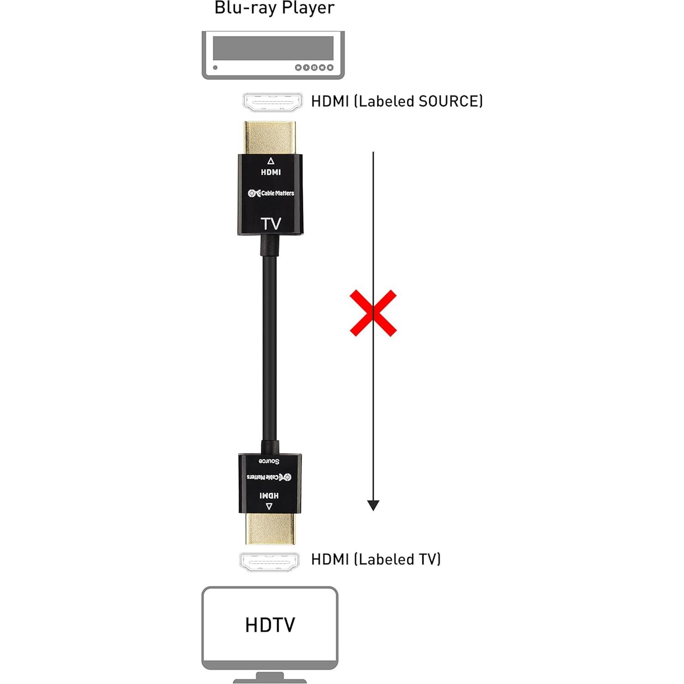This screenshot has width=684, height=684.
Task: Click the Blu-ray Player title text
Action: pyautogui.click(x=274, y=8)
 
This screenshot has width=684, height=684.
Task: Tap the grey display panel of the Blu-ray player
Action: pyautogui.click(x=273, y=48)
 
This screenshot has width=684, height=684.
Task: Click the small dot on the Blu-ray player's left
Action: pyautogui.click(x=215, y=68)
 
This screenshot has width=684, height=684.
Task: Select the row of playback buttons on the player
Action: pyautogui.click(x=314, y=68)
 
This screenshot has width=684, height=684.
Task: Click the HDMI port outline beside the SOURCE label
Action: pyautogui.click(x=273, y=102)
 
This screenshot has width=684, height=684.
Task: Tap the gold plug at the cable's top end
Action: pyautogui.click(x=270, y=137)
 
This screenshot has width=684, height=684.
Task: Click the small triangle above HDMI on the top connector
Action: pyautogui.click(x=271, y=161)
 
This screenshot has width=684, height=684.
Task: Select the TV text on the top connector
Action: pyautogui.click(x=271, y=224)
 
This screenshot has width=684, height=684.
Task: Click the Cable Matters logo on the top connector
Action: pyautogui.click(x=271, y=193)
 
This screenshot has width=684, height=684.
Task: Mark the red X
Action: pyautogui.click(x=373, y=313)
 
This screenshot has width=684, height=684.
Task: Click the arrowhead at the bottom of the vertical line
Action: pyautogui.click(x=373, y=505)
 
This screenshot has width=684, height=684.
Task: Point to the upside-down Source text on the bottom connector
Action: pyautogui.click(x=269, y=461)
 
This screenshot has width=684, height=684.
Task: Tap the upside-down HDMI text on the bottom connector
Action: pyautogui.click(x=269, y=495)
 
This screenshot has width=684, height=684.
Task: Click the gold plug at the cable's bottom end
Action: pyautogui.click(x=270, y=528)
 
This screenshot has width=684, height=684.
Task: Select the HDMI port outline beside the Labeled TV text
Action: pyautogui.click(x=269, y=562)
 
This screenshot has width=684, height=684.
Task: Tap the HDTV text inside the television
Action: pyautogui.click(x=270, y=625)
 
